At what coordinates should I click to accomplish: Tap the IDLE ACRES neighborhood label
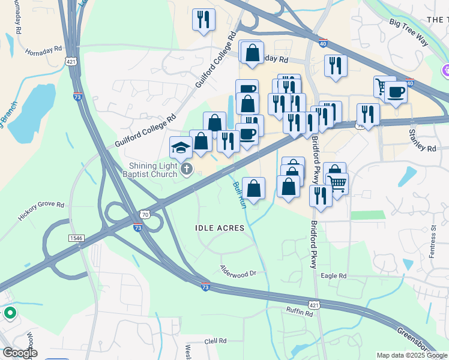pos(220,228)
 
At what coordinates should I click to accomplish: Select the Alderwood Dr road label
pos(238,271)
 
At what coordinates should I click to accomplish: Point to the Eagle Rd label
pos(334,275)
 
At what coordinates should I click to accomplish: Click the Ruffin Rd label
pos(300,312)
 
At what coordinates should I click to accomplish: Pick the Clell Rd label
pos(214,341)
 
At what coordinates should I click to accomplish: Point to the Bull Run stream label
pos(240,196)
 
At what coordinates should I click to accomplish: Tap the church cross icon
pos(187,170)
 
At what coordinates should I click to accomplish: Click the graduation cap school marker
pos(181,147)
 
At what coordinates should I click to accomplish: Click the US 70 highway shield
pos(144,214)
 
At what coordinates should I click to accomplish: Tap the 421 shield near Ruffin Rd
pos(314,305)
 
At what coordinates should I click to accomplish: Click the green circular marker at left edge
pos(10,313)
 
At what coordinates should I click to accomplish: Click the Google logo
pos(19,353)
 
